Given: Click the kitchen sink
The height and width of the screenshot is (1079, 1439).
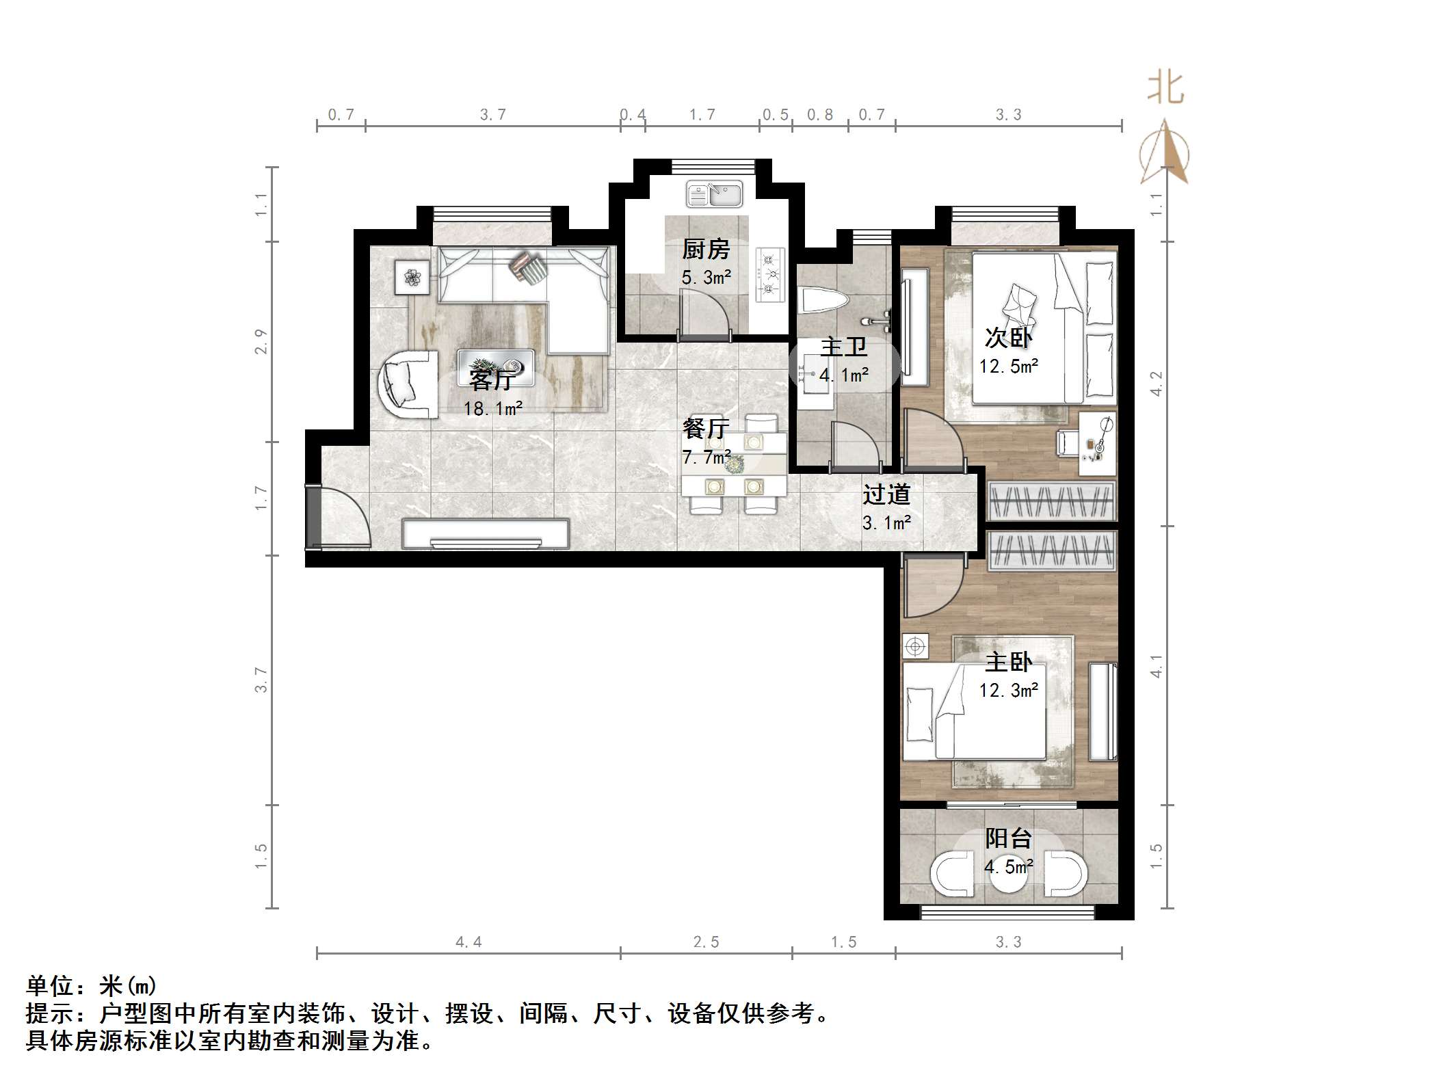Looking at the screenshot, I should (x=714, y=194).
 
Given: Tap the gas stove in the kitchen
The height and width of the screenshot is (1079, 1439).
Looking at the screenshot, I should (x=770, y=275).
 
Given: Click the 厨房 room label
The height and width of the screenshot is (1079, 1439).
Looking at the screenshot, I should (x=706, y=250).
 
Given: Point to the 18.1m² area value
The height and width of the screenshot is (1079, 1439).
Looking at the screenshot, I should (x=493, y=409).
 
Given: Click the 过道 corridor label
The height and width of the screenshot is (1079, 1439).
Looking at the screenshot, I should (x=886, y=494).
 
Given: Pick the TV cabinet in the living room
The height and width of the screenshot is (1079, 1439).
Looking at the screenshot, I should (x=486, y=534).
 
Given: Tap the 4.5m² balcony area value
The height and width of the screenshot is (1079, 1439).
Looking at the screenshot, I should (x=1009, y=867).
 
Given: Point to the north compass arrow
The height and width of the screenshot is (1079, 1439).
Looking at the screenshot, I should (x=1164, y=154).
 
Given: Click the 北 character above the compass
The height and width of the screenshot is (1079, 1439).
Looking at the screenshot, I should (x=1165, y=90).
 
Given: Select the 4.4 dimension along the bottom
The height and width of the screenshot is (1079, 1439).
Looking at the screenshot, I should (x=468, y=943).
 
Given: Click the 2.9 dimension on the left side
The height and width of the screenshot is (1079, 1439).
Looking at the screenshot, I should (x=261, y=341).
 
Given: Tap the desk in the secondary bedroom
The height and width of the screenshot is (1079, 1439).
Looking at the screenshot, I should (x=1098, y=443).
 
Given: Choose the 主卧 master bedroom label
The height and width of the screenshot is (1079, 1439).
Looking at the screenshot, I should (x=1008, y=662).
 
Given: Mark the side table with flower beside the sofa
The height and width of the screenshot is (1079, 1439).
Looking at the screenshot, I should (x=412, y=277).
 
